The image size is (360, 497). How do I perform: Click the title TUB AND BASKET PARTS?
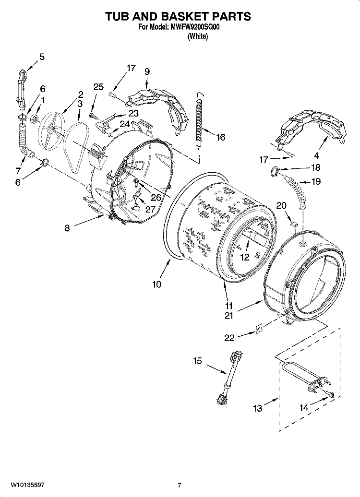[x=178, y=16]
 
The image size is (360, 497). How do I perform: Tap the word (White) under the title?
[x=197, y=36]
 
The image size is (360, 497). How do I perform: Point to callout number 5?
[x=42, y=57]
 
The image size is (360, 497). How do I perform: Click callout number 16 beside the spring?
[x=220, y=138]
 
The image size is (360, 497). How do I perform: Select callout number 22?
[x=229, y=338]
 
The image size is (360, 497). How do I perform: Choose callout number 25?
[x=98, y=87]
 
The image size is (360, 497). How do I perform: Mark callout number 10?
[x=156, y=284]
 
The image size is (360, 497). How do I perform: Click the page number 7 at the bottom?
[x=180, y=485]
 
